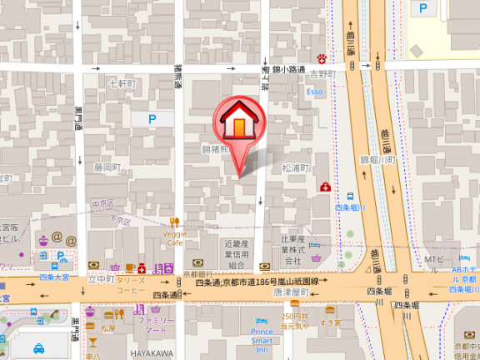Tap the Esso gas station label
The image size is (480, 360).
click(314, 91)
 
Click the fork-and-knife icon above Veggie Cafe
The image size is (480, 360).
click(174, 222)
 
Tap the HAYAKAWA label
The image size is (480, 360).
click(151, 353)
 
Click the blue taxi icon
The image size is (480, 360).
click(38, 348)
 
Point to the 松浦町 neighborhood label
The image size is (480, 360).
click(296, 167)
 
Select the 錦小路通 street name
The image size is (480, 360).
click(288, 70)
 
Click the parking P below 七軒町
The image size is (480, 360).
click(152, 119)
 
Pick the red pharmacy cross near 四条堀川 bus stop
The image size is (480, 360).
click(325, 188)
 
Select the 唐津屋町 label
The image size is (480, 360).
click(292, 293)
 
